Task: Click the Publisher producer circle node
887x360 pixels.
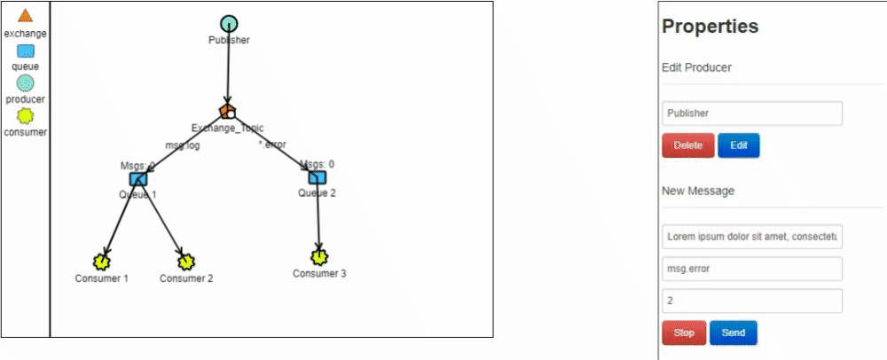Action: click(x=229, y=24)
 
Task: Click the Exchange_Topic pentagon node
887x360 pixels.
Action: click(x=228, y=112)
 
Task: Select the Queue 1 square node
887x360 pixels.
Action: click(x=137, y=179)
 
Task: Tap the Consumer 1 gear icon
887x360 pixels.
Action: click(x=102, y=262)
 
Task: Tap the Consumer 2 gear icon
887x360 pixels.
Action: click(x=185, y=262)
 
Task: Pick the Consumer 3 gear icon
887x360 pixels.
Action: click(x=319, y=257)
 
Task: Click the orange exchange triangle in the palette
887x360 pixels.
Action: click(x=25, y=16)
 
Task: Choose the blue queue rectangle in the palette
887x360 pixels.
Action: click(x=25, y=51)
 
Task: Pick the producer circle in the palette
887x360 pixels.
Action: click(x=25, y=82)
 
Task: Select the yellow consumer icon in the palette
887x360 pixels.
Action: click(x=25, y=116)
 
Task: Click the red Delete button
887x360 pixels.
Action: click(x=687, y=145)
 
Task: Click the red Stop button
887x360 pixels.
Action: click(x=684, y=333)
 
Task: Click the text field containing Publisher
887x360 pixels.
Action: click(x=751, y=113)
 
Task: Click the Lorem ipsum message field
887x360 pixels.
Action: click(x=751, y=237)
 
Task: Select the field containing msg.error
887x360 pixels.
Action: click(x=751, y=269)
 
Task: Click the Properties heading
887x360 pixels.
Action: click(x=710, y=27)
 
